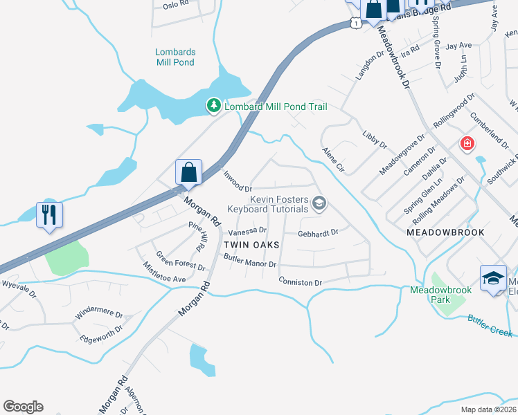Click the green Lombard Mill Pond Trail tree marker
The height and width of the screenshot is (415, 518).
pyautogui.click(x=214, y=106)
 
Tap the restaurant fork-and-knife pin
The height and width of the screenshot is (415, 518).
pyautogui.click(x=49, y=215)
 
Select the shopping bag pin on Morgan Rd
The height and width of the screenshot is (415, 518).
pyautogui.click(x=188, y=172)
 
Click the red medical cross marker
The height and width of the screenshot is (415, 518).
pyautogui.click(x=467, y=144)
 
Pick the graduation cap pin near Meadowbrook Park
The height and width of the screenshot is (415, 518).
pyautogui.click(x=493, y=279)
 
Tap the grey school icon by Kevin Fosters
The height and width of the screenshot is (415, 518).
pyautogui.click(x=319, y=203)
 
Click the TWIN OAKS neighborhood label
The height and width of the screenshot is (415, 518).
pyautogui.click(x=251, y=245)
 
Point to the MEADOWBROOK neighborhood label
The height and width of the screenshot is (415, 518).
pyautogui.click(x=443, y=233)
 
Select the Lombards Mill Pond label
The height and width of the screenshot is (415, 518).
pyautogui.click(x=175, y=57)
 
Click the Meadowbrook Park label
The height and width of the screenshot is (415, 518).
pyautogui.click(x=440, y=295)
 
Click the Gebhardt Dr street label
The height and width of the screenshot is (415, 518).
pyautogui.click(x=318, y=233)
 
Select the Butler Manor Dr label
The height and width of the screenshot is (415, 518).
pyautogui.click(x=250, y=261)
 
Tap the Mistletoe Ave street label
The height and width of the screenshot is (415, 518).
pyautogui.click(x=164, y=272)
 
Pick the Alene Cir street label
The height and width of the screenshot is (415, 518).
pyautogui.click(x=333, y=159)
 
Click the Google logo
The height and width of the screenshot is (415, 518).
pyautogui.click(x=23, y=407)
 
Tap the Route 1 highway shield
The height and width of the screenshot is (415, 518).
pyautogui.click(x=355, y=23)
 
